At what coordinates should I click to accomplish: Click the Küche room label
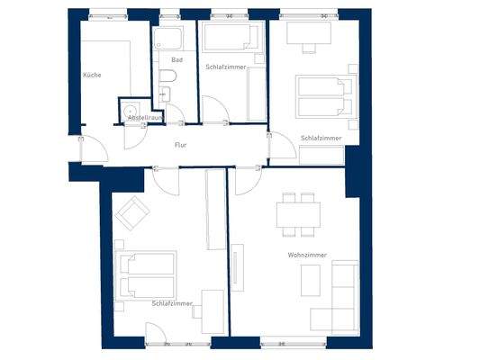pyautogui.click(x=91, y=75)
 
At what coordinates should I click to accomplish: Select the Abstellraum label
pyautogui.click(x=144, y=118)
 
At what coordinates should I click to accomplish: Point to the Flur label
pyautogui.click(x=180, y=144)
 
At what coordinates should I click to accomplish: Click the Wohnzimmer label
pyautogui.click(x=307, y=256)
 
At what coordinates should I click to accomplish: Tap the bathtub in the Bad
pyautogui.click(x=168, y=39)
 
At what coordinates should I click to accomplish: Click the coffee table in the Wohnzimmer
pyautogui.click(x=305, y=279)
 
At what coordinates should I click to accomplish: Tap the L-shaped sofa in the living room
pyautogui.click(x=339, y=301)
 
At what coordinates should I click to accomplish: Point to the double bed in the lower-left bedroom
pyautogui.click(x=148, y=274)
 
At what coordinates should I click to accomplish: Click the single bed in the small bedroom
pyautogui.click(x=230, y=38)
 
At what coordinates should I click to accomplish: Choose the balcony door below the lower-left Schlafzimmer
pyautogui.click(x=156, y=335)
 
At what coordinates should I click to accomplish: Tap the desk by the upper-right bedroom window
pyautogui.click(x=308, y=33)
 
